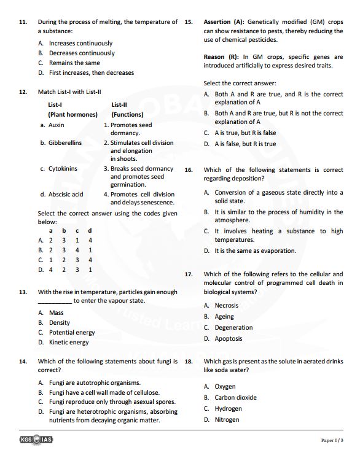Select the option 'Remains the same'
pos(74,63)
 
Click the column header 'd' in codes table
pos(90,230)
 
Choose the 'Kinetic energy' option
pos(69,342)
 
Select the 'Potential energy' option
pos(72,332)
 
